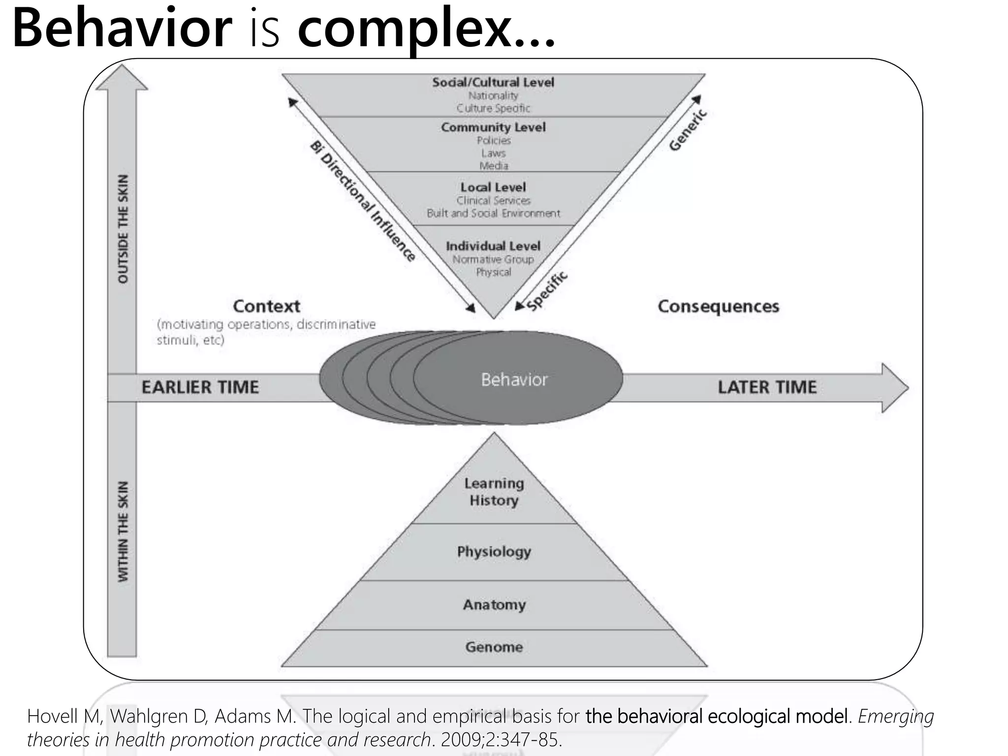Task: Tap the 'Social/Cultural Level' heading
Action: pos(493,82)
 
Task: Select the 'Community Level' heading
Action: pos(493,127)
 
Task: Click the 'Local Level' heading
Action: pos(493,187)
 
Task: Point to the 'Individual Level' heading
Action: pos(493,246)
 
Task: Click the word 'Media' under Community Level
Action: pos(494,166)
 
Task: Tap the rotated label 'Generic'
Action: pos(688,130)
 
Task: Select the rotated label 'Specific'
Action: pos(547,291)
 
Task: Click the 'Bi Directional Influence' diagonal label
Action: pos(363,201)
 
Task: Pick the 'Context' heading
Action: pos(266,306)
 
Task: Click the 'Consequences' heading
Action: pos(718,306)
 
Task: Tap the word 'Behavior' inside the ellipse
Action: pos(514,379)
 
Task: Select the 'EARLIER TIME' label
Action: pos(200,387)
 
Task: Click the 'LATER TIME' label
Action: pos(767,387)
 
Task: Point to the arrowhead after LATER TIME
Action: pos(894,388)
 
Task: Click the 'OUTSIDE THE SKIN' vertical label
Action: pos(123,229)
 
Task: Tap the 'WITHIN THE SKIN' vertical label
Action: pos(123,531)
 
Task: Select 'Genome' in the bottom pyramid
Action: pos(494,647)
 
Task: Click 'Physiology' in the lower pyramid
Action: pos(494,551)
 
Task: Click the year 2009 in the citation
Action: pos(462,740)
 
